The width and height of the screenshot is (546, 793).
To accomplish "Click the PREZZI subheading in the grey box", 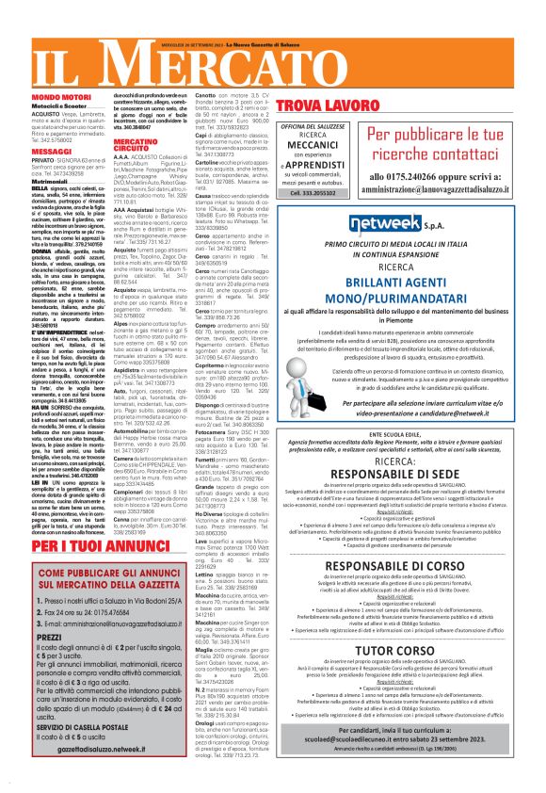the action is (56, 636).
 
